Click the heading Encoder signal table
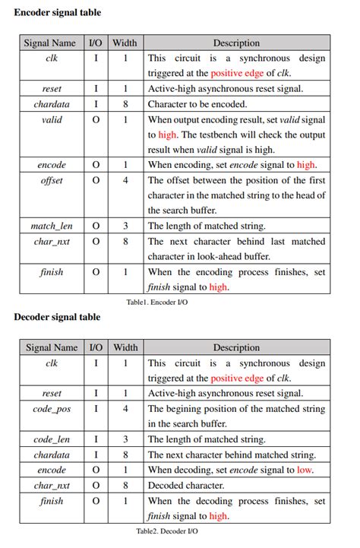[58, 12]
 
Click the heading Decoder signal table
[58, 317]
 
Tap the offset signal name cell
[52, 180]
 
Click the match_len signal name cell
[52, 226]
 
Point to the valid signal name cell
[52, 119]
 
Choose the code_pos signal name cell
[52, 409]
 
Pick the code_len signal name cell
[52, 439]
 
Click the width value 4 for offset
[125, 180]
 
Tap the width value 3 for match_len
[125, 226]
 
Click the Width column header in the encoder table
[125, 43]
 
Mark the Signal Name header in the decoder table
[52, 347]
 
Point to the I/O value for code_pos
[96, 409]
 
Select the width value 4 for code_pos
[125, 409]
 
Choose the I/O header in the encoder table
[96, 43]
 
